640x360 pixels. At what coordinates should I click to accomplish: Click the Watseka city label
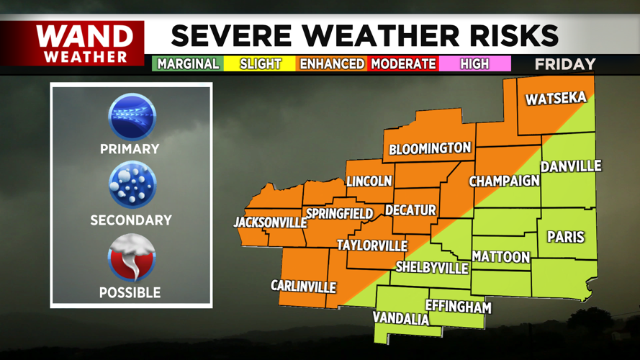click(556, 99)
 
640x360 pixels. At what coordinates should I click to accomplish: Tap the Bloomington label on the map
click(430, 149)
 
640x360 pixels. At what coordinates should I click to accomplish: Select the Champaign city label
click(504, 181)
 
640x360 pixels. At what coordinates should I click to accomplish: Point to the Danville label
click(571, 166)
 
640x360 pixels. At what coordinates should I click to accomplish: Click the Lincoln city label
click(369, 181)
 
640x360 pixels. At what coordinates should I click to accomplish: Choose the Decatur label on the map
click(410, 210)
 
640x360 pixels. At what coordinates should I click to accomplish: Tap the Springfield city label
click(339, 214)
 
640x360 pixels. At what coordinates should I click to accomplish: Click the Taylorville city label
click(372, 246)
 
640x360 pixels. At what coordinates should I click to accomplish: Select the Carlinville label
click(303, 287)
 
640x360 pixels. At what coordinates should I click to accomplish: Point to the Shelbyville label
click(432, 268)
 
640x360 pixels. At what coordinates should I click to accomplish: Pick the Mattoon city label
click(501, 257)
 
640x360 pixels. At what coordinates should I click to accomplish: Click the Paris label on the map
click(565, 237)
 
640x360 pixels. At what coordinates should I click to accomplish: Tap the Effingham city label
click(459, 307)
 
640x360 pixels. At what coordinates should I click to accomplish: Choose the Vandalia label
click(401, 318)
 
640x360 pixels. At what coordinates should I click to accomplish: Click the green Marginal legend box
click(187, 63)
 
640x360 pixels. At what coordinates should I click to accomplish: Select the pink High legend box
click(474, 63)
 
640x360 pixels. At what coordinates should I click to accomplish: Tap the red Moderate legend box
click(403, 63)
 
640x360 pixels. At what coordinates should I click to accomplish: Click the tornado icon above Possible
click(131, 258)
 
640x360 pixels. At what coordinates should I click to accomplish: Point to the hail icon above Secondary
click(131, 186)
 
